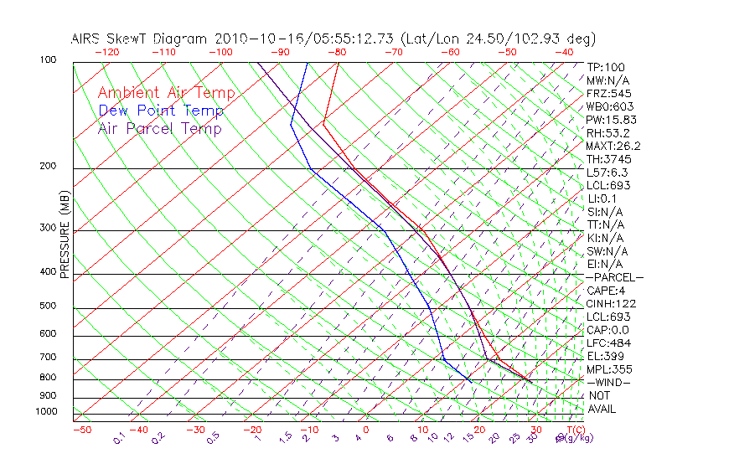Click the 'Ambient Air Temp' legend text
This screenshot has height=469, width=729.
coord(166,93)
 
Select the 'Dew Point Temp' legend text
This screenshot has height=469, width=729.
coord(161,111)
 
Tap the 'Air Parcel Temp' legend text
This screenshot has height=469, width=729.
coord(159,128)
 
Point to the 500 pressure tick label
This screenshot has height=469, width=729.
coord(48,307)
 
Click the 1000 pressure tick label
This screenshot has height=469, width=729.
coord(45,412)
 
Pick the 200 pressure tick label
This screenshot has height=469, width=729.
coord(48,167)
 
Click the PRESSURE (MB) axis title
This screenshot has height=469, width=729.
coord(65,234)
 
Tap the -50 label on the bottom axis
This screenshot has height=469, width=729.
coord(81,430)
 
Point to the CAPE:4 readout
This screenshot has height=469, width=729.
coord(606,291)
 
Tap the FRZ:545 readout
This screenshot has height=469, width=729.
coord(608,93)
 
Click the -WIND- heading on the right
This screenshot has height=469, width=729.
coord(608,382)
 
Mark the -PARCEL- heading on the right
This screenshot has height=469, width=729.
coord(614,277)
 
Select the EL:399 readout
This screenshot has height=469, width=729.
coord(603,356)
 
